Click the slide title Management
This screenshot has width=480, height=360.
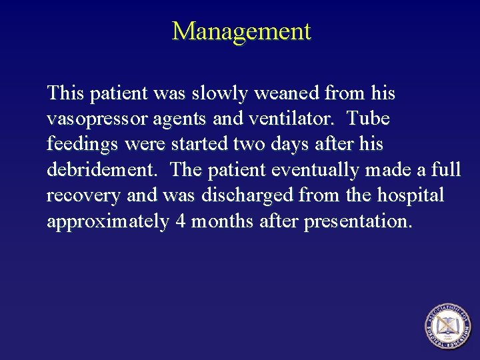tap(241, 31)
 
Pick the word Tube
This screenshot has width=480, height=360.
tap(369, 119)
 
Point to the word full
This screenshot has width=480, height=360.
tap(446, 170)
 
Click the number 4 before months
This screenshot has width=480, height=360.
tap(180, 221)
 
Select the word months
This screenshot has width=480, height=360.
tap(222, 221)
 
